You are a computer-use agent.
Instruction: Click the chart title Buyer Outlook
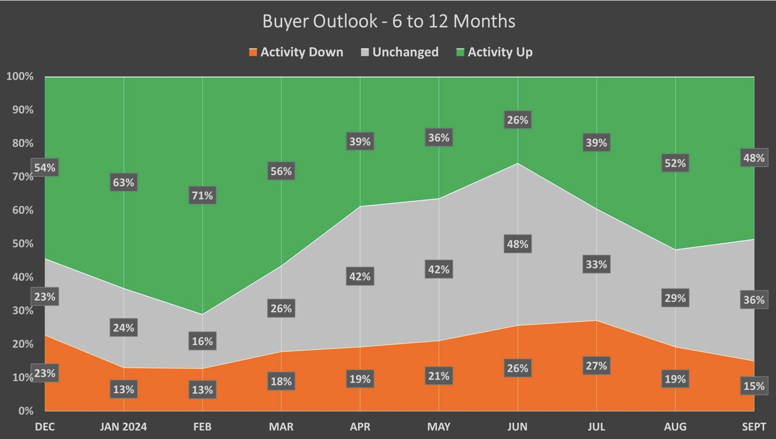388,21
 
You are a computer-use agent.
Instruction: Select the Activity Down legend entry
296,52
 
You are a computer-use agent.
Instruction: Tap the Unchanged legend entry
400,52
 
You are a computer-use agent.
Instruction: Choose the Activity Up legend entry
495,52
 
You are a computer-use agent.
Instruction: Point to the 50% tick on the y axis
23,244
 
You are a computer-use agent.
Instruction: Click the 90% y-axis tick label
23,110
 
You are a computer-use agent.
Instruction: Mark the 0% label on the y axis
26,411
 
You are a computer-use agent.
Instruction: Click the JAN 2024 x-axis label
124,426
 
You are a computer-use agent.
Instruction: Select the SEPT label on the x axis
754,426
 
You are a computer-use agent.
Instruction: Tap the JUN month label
517,426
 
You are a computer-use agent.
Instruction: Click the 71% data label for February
203,195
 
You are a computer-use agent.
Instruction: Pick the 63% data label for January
124,182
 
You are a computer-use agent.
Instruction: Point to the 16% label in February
203,341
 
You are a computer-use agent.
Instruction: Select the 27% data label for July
597,366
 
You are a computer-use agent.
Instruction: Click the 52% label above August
675,163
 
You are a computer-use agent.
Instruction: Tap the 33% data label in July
597,264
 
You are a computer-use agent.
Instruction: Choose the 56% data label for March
281,171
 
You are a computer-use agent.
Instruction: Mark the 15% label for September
754,386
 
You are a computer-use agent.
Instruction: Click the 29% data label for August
675,298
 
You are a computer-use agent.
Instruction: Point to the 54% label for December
45,168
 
